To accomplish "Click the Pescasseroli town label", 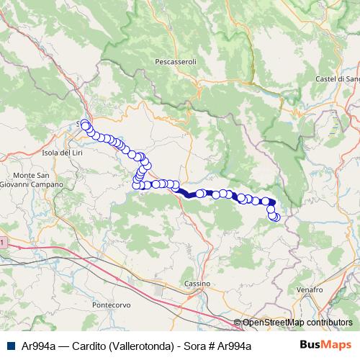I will coord(176,63).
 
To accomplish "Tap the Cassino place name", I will coord(197,284).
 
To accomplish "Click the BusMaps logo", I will coord(325,345).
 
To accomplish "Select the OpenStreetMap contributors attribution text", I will coord(297,323).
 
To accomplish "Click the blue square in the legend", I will coord(10,346).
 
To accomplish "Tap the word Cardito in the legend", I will coord(86,346).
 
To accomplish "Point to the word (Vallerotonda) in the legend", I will coord(139,346).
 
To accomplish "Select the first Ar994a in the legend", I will coord(39,346).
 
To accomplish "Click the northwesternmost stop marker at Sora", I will coord(84,125).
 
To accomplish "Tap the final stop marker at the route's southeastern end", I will coord(275,217).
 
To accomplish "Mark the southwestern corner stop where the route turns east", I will coord(136,186).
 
